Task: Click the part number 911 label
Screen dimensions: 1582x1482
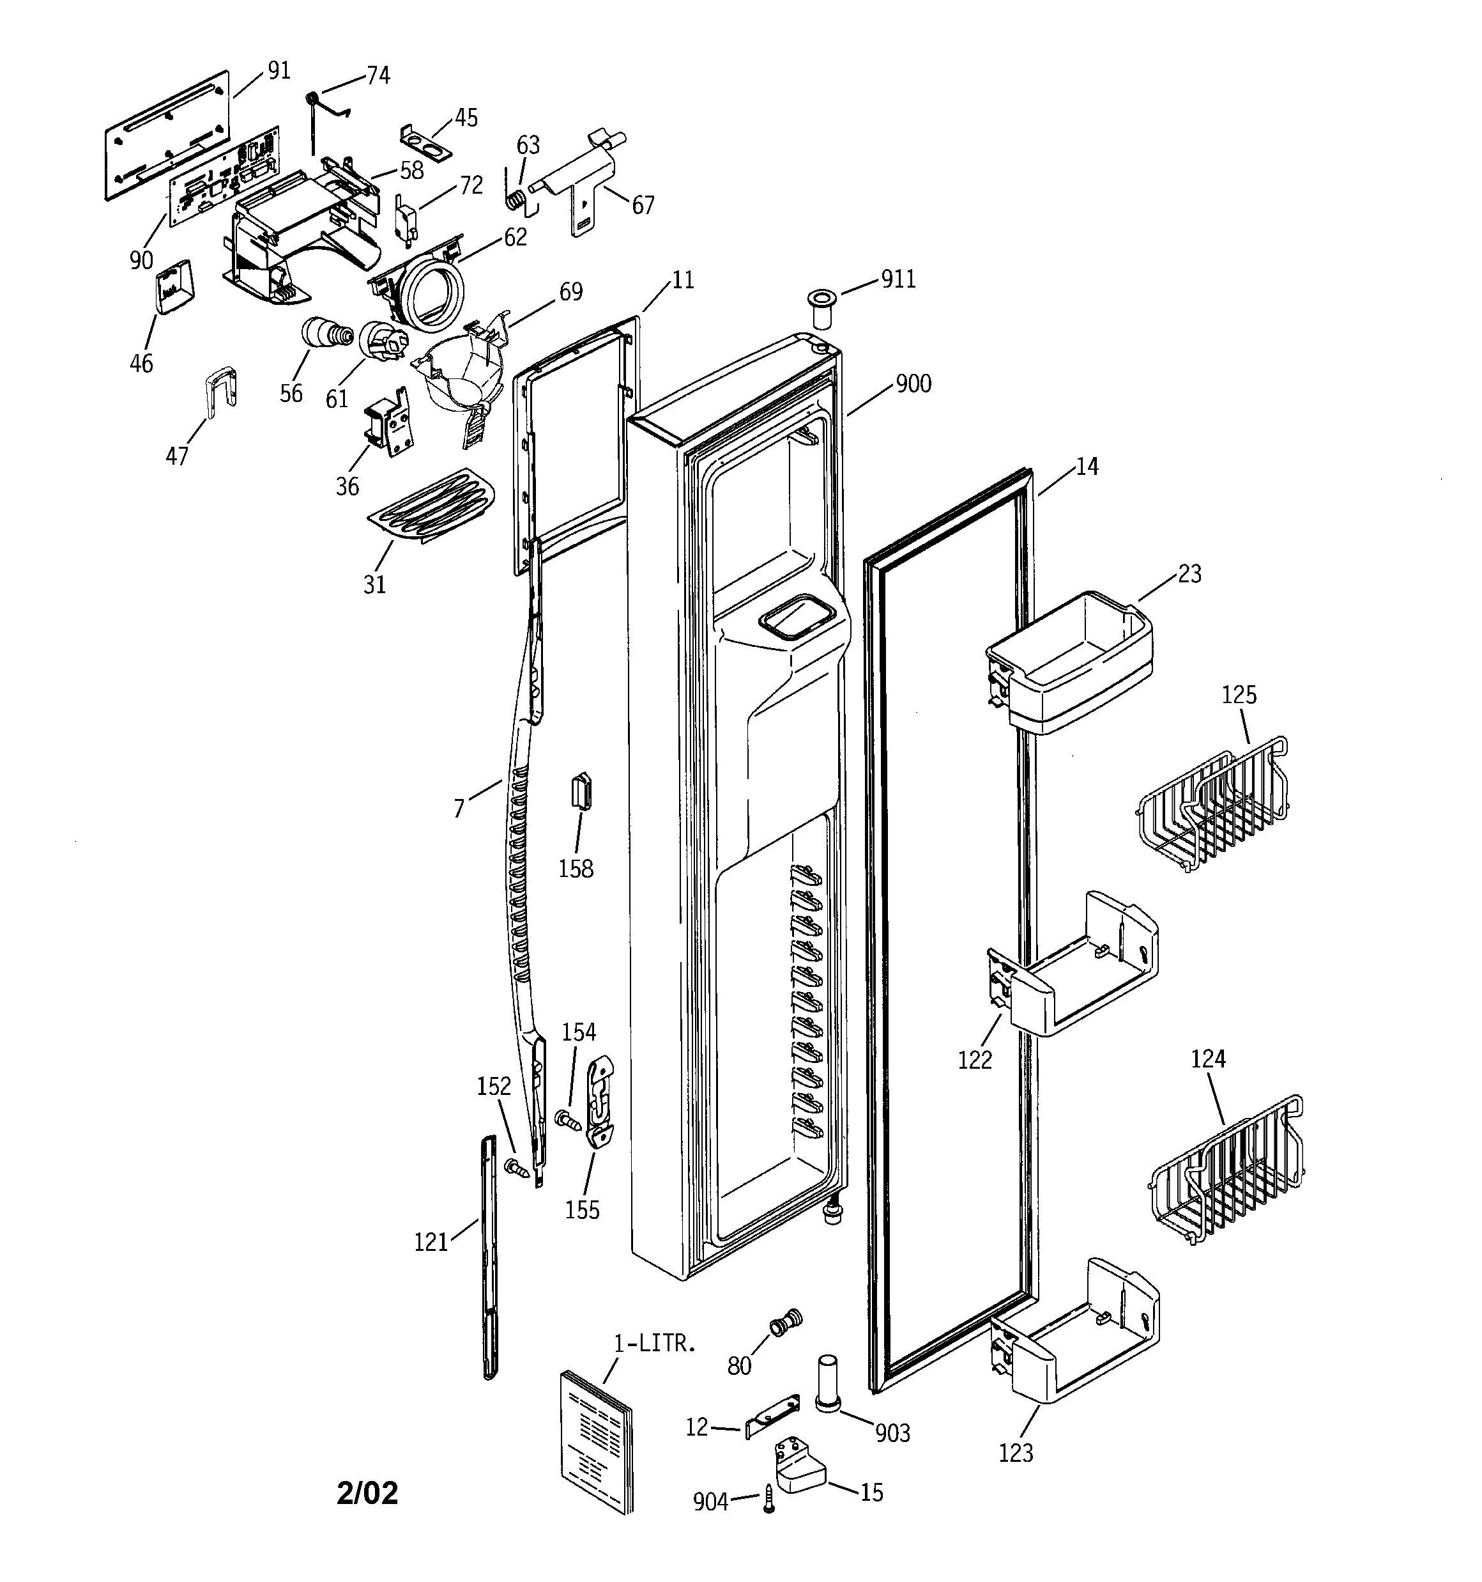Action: tap(898, 279)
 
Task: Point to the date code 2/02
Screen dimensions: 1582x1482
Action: tap(367, 1494)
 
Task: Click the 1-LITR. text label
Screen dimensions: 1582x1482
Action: tap(655, 1344)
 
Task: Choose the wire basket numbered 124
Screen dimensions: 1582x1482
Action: tap(1229, 1168)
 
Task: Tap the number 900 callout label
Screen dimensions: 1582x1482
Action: tap(913, 384)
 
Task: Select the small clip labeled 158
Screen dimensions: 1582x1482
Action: tap(581, 791)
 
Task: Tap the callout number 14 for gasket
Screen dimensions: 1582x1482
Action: tap(1087, 467)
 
